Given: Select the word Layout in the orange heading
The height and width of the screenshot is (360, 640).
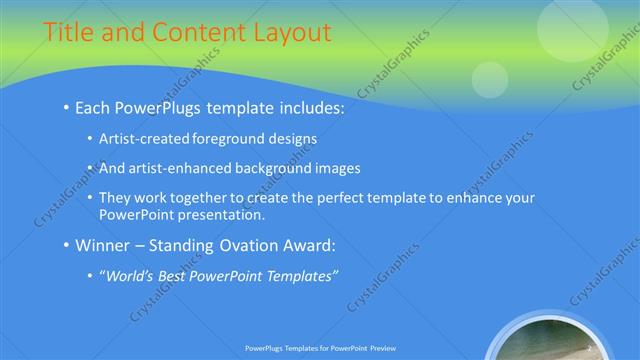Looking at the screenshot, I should click(290, 32).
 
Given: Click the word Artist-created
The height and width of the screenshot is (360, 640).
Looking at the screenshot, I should click(145, 139).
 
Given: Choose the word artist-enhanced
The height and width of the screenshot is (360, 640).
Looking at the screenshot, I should click(179, 168).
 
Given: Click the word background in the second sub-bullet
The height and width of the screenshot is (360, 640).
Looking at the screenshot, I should click(277, 168).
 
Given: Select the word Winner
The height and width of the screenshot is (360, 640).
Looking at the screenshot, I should click(104, 244).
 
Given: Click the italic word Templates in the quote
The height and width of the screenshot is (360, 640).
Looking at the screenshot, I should click(300, 275).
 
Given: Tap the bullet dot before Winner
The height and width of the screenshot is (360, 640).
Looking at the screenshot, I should click(66, 245).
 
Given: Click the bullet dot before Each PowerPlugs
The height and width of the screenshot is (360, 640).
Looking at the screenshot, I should click(66, 107).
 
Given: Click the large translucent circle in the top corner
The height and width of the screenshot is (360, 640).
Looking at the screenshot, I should click(572, 26).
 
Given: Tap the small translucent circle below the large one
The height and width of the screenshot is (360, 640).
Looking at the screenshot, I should click(490, 79).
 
